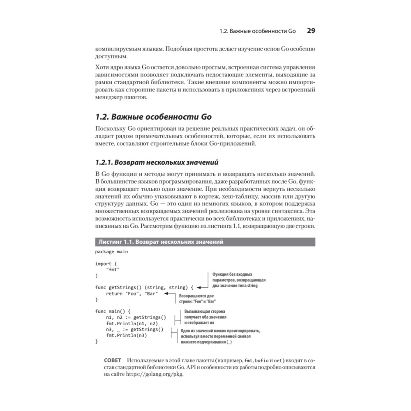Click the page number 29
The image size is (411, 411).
[x=311, y=31]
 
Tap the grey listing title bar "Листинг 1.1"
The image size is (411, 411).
[x=160, y=242]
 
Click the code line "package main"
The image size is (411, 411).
[x=111, y=252]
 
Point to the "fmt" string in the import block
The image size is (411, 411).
[x=113, y=269]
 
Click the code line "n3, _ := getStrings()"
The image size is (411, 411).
[x=134, y=329]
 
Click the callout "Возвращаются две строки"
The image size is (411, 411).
[x=196, y=298]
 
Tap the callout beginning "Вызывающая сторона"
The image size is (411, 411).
[x=205, y=317]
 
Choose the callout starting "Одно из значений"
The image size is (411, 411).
[x=220, y=336]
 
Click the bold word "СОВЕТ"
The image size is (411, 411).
[x=113, y=360]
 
